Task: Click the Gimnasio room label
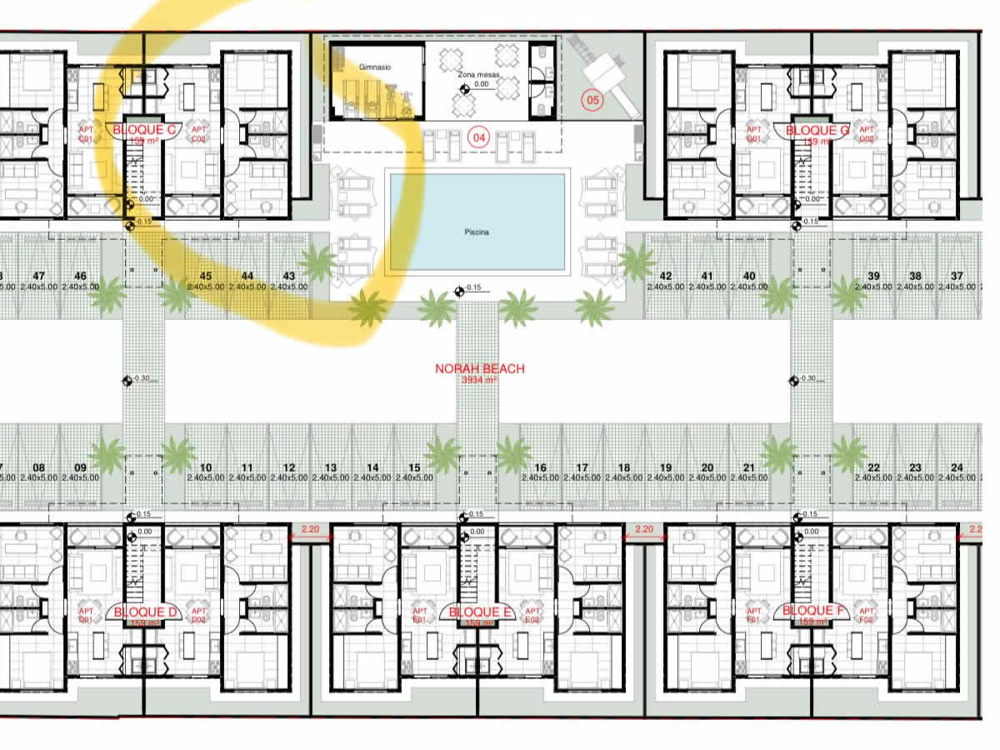coord(375,66)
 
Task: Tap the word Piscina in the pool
coord(477,232)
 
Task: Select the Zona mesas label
coord(477,75)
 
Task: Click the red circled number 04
coord(478,137)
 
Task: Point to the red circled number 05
coord(592,101)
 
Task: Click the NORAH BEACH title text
coord(480,368)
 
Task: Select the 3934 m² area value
coord(479,380)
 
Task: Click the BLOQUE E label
coord(480,612)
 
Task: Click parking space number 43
coord(289,276)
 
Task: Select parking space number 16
coord(541,468)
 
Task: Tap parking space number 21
coord(749,468)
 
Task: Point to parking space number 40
coord(749,276)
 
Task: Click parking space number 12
coord(289,468)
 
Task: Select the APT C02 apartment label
coord(198,134)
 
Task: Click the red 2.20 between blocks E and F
coord(644,529)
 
